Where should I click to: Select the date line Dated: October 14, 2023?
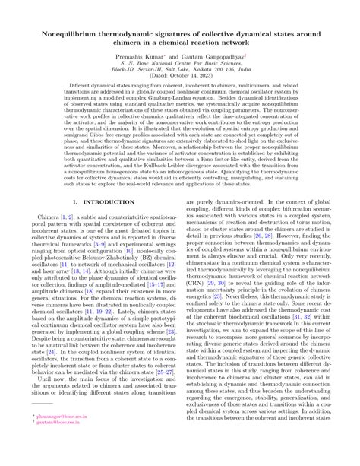[x=180, y=78]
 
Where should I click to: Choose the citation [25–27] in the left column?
[x=158, y=395]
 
